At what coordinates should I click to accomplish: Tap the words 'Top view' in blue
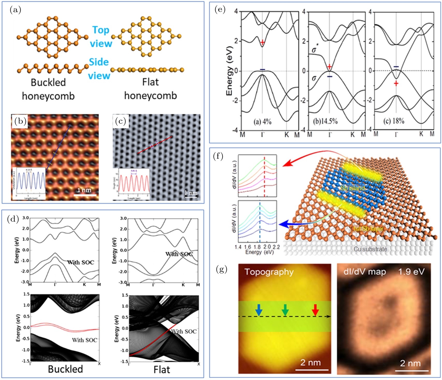click(101, 37)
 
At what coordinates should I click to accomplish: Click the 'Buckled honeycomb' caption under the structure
click(48, 89)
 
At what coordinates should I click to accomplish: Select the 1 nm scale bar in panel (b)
click(84, 194)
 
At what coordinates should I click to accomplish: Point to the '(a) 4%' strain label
click(262, 121)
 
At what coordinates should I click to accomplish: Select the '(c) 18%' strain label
click(394, 121)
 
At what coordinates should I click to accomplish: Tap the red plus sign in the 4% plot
click(262, 42)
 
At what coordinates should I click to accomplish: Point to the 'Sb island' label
click(353, 188)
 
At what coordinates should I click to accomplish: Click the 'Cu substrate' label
click(370, 249)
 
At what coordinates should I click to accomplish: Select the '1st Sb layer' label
click(368, 228)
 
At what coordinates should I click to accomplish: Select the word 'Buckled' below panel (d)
click(66, 369)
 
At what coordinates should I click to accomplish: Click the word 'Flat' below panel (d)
click(162, 370)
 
